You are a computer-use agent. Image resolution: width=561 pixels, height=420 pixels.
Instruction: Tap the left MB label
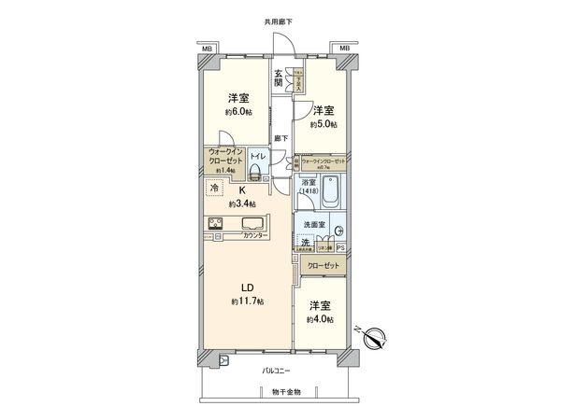tap(206, 47)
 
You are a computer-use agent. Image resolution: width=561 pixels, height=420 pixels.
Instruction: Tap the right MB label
tap(345, 47)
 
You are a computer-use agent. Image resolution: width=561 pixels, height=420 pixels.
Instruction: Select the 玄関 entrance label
tap(279, 77)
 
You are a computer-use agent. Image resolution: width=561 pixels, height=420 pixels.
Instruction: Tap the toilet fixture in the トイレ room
tap(255, 170)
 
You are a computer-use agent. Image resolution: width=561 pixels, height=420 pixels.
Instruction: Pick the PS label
tap(340, 247)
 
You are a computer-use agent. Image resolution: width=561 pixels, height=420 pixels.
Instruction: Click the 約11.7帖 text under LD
tap(248, 301)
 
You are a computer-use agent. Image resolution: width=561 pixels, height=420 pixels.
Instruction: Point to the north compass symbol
tap(375, 339)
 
